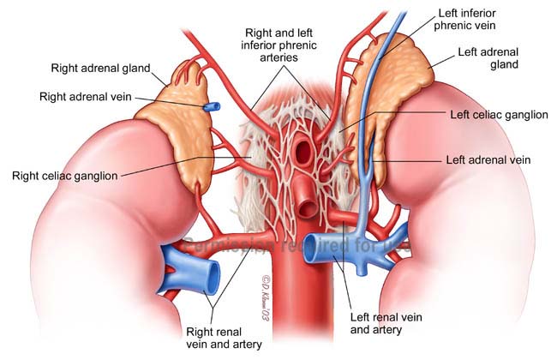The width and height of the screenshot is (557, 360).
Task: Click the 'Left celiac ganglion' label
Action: pyautogui.click(x=498, y=114)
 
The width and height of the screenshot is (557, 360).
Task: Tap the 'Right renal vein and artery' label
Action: pyautogui.click(x=225, y=337)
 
